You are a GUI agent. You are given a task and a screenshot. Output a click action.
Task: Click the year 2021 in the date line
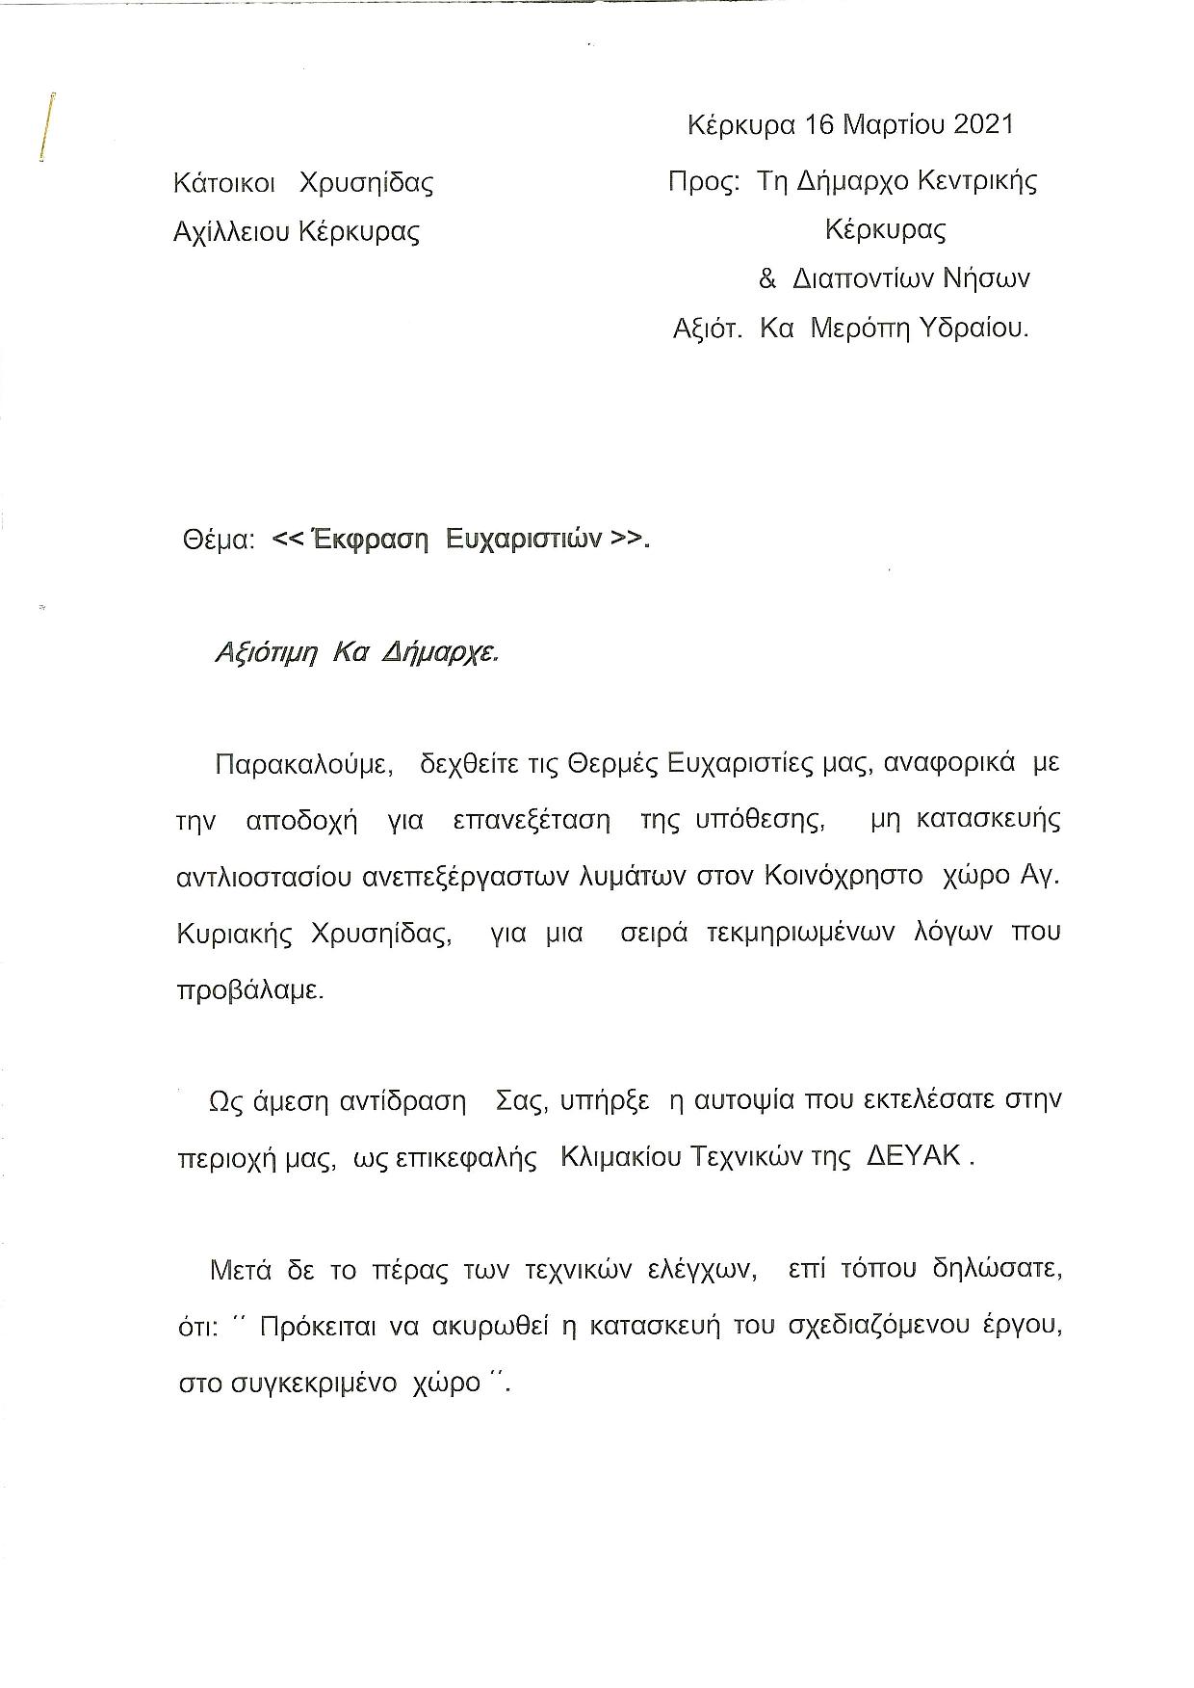tap(983, 124)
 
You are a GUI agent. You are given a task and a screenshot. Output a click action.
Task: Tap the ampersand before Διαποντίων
tap(767, 279)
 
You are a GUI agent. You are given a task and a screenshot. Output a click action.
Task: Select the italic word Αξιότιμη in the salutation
tap(266, 653)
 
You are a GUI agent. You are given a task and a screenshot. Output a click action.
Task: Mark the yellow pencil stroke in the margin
tap(46, 125)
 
